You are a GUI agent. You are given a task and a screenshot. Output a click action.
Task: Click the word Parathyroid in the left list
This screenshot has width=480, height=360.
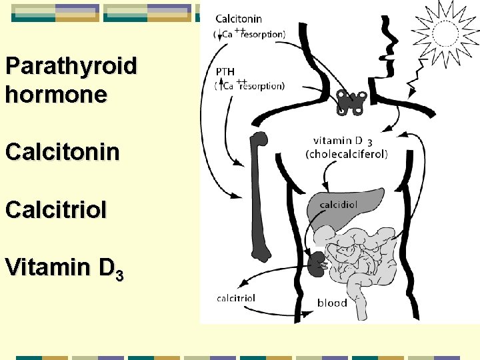coord(71,66)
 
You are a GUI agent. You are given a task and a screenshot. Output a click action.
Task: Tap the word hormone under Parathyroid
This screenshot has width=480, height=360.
coord(55,94)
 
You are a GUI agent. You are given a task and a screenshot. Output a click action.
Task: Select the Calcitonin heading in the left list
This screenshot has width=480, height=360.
coord(62,151)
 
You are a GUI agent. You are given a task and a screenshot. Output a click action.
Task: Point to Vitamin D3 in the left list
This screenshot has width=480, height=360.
coord(64,268)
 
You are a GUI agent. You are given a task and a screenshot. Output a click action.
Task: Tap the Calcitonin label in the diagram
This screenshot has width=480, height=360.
coord(238,19)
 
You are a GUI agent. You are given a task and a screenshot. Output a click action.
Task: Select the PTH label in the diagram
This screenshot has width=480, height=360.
coord(225,71)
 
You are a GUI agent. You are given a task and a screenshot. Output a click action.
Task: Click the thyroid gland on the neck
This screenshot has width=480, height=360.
coord(351,102)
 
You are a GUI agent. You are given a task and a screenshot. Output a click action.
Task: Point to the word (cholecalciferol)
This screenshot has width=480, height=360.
coord(346,153)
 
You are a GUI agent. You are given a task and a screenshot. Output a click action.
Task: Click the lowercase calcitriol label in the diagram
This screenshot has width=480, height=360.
coord(236,298)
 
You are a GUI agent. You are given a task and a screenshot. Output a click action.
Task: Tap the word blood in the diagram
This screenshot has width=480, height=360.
coord(332,303)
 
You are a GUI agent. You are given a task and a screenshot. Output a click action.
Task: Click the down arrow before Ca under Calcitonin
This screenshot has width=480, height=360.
coord(219,33)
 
